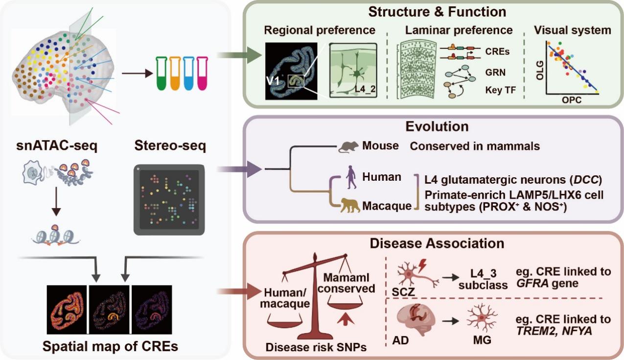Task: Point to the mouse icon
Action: tap(349, 145)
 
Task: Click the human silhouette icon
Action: tap(351, 177)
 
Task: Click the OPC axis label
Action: tap(570, 100)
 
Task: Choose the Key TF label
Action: tap(502, 91)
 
